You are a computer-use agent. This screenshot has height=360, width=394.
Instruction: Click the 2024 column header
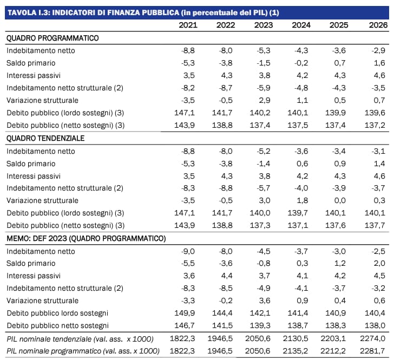click(301, 25)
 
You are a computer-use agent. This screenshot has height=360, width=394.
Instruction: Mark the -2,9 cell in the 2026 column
click(378, 50)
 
